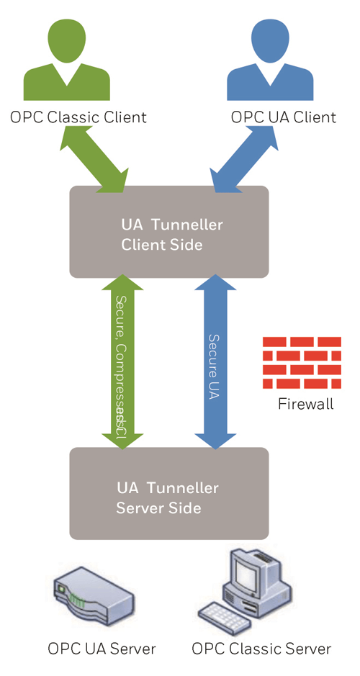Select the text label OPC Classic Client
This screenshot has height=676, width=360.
coord(78,117)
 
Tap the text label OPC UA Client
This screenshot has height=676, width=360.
coord(283,117)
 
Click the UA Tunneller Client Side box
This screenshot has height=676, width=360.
coord(168,232)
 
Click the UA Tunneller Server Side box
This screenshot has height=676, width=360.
coord(168,493)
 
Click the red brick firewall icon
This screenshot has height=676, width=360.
coord(302,360)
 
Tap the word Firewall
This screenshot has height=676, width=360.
coord(305,404)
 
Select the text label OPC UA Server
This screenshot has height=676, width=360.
coord(102,649)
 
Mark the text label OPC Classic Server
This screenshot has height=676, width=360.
coord(261,649)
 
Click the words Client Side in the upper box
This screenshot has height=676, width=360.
coord(161,245)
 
